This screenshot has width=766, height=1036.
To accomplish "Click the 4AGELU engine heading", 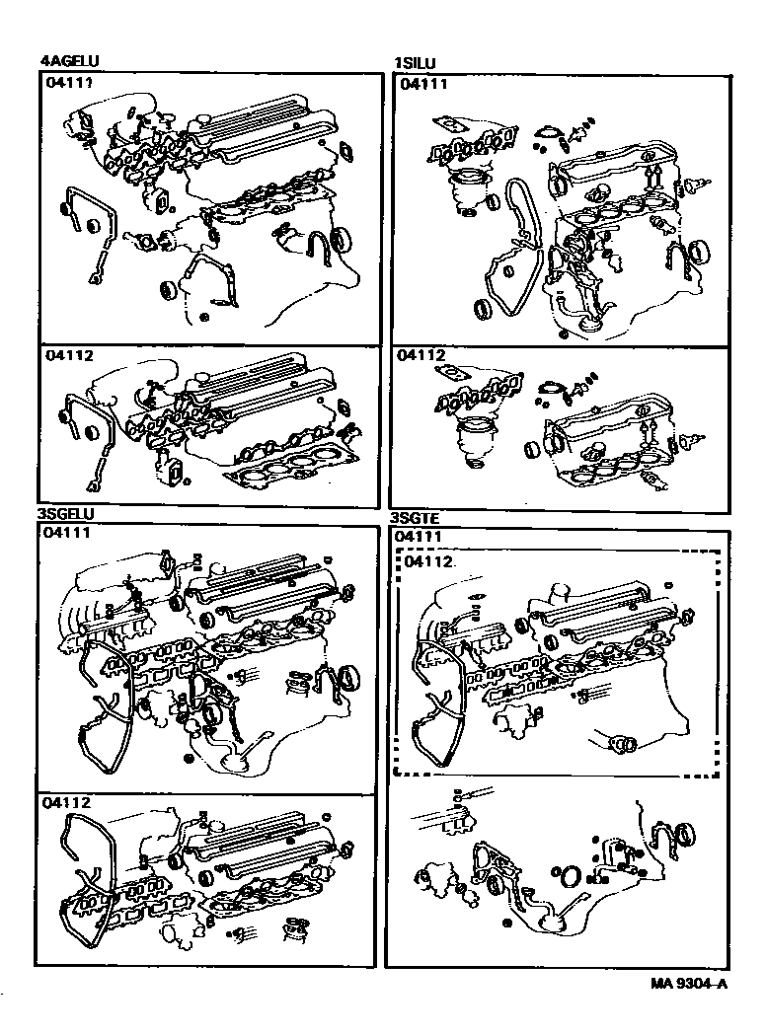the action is [69, 61].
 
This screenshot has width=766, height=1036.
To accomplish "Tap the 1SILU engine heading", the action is [415, 63].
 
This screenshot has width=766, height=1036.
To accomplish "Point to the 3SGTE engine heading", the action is [415, 519].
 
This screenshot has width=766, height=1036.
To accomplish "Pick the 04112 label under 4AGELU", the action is [69, 355].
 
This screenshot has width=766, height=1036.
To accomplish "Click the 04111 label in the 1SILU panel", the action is [423, 83].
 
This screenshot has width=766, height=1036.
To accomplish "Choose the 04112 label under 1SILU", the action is [421, 355].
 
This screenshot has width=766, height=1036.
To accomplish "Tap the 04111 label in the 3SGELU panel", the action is [67, 532].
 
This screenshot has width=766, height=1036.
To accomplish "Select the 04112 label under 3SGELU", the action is [67, 803].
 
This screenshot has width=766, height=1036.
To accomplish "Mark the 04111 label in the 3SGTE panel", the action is [417, 537].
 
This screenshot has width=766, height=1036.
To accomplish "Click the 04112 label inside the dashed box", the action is [429, 561].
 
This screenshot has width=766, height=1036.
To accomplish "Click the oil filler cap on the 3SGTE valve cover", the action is [559, 590].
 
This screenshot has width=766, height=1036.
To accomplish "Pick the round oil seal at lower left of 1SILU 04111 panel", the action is [483, 309].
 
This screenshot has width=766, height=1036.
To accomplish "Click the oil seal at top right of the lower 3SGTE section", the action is [685, 832].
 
